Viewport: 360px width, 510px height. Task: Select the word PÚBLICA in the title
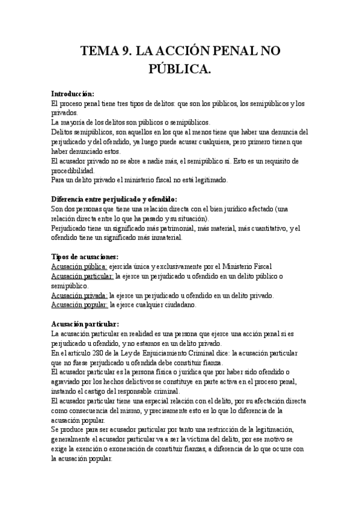tap(180, 70)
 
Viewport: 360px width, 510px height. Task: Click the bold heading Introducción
tap(73, 94)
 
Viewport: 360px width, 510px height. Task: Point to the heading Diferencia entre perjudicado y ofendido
tap(114, 199)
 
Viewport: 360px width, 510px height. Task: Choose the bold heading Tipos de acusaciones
tap(89, 256)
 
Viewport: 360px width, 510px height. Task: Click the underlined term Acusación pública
tap(79, 266)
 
